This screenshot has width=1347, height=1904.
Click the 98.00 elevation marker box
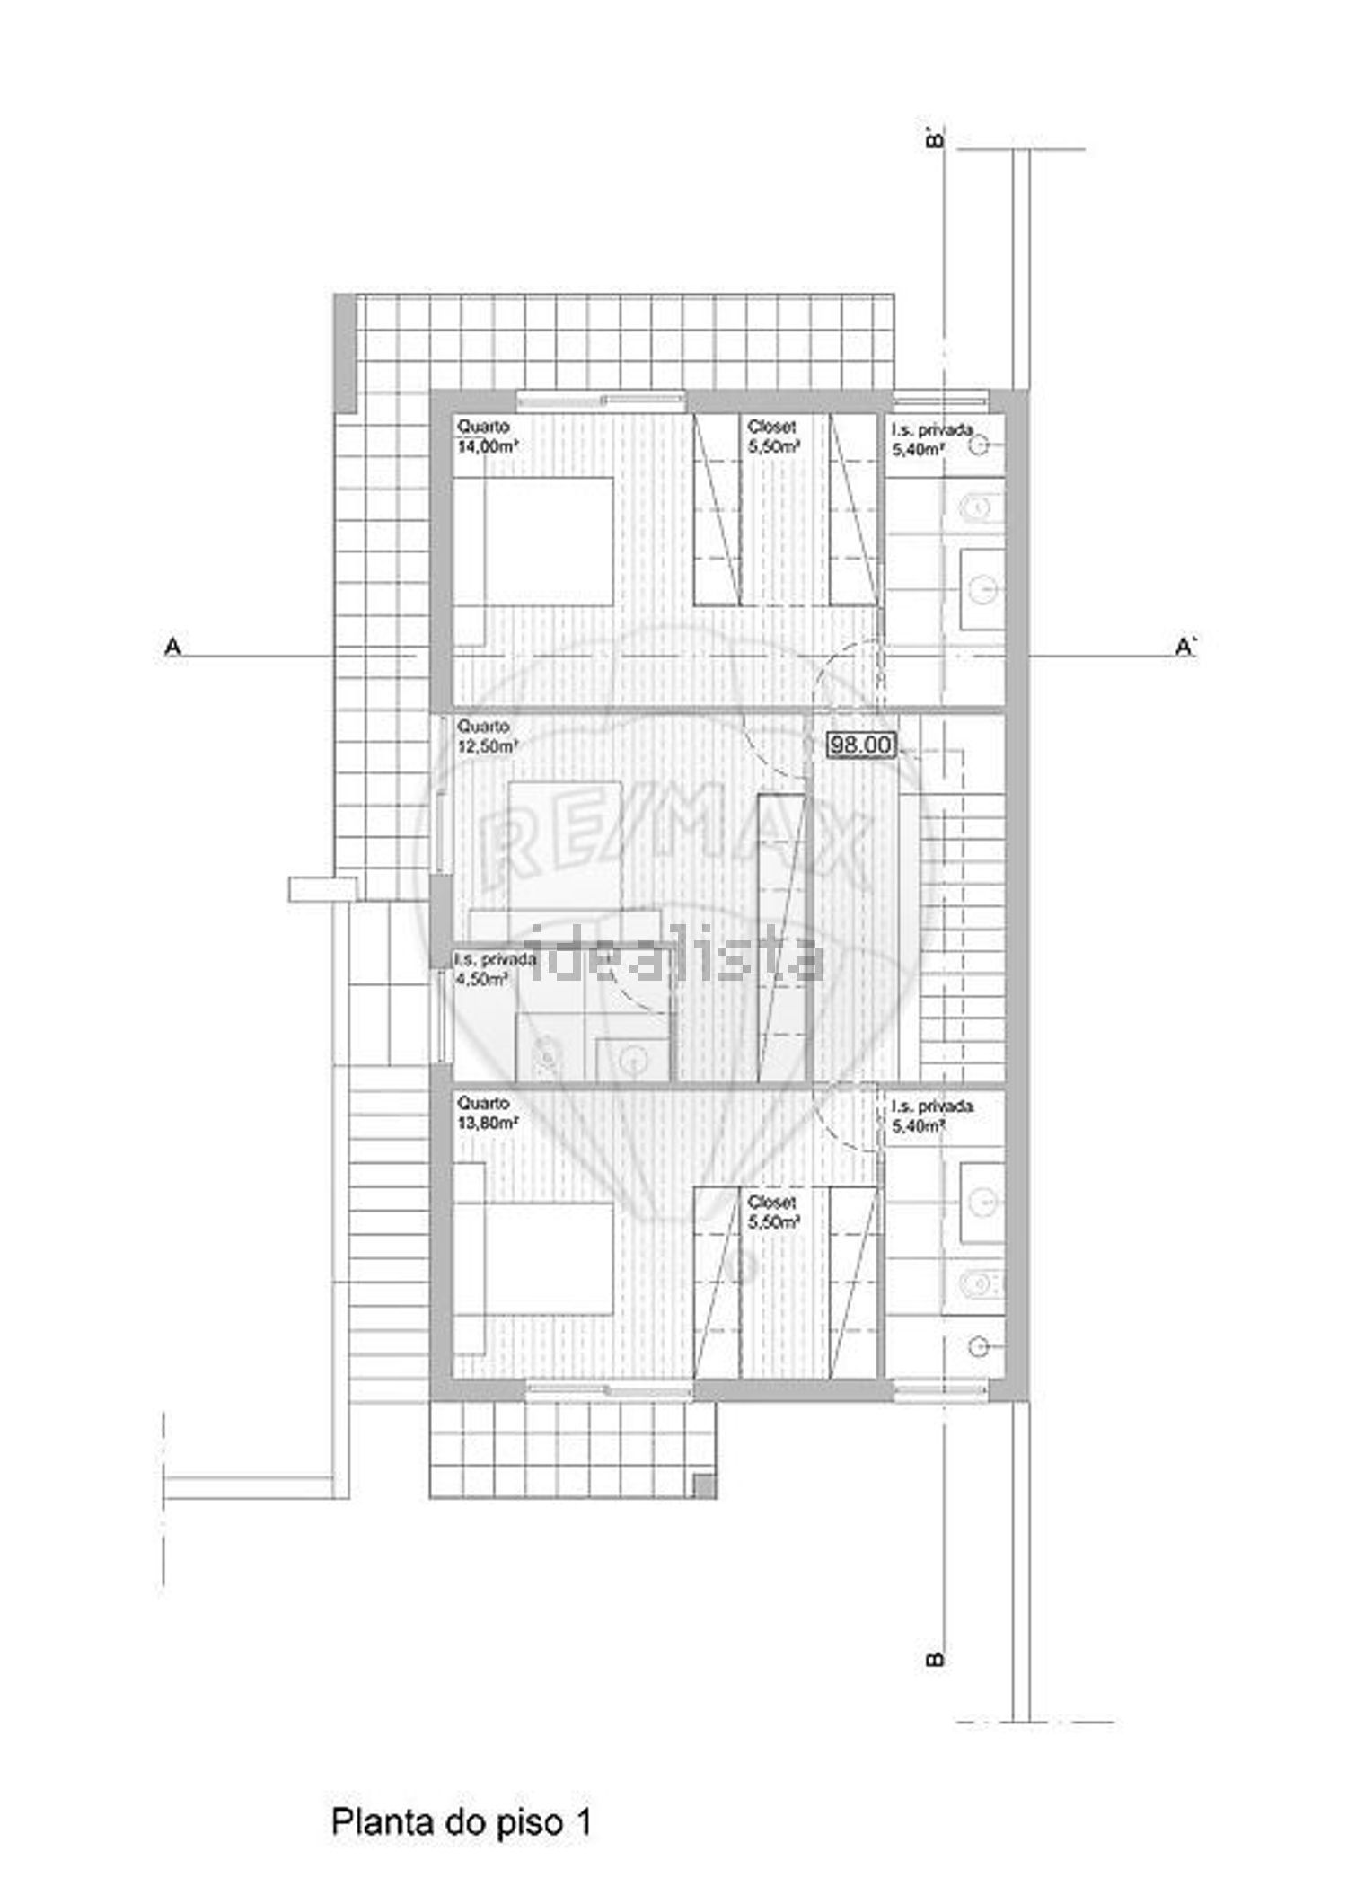(860, 745)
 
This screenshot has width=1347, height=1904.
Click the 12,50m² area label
(488, 746)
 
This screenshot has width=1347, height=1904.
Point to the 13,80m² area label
(488, 1124)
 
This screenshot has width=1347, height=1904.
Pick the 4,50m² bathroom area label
(481, 979)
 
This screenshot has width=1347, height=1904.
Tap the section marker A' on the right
(1186, 646)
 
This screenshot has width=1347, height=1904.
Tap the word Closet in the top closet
(771, 427)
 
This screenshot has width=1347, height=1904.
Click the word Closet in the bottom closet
(771, 1202)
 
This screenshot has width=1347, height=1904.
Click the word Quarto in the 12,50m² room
(483, 726)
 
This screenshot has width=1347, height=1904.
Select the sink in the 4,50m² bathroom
(634, 1060)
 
